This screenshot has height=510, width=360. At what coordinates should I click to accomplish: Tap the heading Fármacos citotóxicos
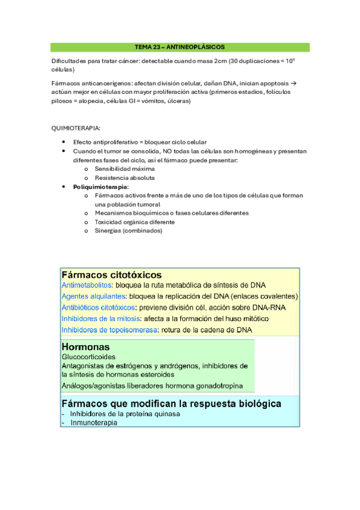(111, 274)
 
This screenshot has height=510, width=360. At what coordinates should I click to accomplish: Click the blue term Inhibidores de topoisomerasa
(106, 330)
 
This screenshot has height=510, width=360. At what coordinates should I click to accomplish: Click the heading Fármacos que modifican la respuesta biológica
(171, 404)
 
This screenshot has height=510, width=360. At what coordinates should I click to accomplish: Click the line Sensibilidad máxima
(124, 169)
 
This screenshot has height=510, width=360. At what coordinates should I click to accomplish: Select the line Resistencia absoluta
(124, 178)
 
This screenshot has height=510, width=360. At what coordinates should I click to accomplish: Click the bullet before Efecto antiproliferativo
(64, 142)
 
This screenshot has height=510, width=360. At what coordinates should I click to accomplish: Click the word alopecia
(86, 101)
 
